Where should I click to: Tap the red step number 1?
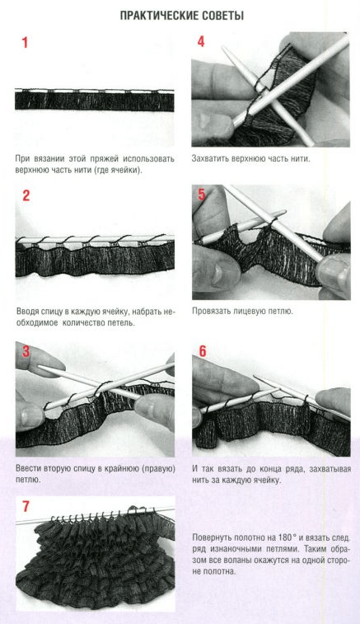(25, 42)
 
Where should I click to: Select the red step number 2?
(26, 195)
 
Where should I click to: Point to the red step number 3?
(26, 351)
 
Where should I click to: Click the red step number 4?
(201, 41)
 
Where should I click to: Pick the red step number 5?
(202, 195)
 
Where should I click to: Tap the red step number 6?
(203, 351)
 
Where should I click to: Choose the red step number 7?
(26, 507)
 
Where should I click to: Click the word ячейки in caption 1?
(128, 172)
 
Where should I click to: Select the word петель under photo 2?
(121, 323)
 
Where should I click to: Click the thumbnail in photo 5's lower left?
(217, 272)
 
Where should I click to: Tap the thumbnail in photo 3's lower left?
(30, 416)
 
